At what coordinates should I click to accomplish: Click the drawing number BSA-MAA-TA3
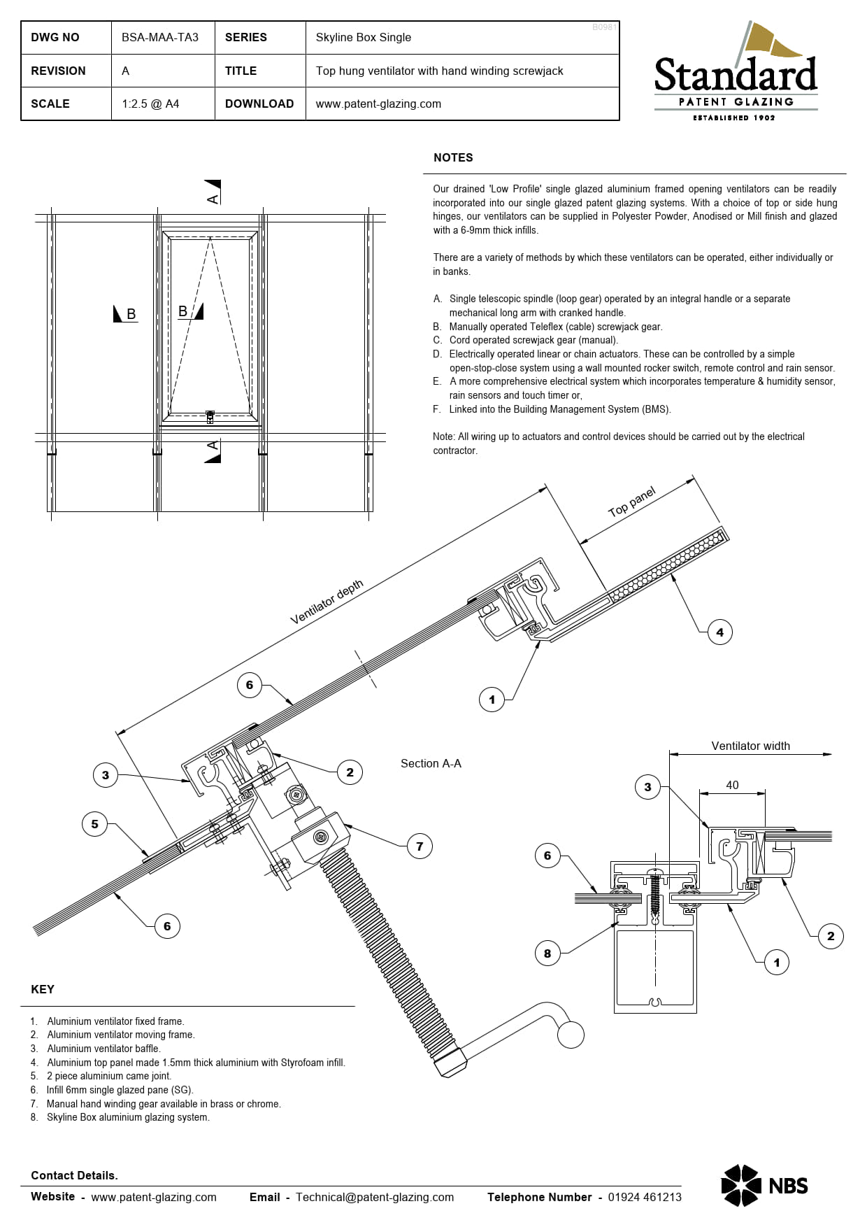159,37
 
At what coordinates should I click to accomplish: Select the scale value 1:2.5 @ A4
150,104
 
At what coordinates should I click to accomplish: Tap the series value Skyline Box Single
363,37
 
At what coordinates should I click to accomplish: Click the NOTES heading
453,157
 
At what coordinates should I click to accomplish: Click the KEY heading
43,989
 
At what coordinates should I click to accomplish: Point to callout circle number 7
420,846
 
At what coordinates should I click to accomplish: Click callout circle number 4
719,632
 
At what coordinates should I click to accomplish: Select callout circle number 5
95,824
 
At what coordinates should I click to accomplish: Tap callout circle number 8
547,953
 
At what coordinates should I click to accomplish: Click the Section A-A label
431,763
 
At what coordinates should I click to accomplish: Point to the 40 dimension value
732,785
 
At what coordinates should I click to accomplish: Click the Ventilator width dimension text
750,746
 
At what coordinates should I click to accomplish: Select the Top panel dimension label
632,502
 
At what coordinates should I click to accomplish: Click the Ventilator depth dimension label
327,602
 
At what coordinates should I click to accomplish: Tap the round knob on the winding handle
571,1035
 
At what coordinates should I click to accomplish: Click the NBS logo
764,1185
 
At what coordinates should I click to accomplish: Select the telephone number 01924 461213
644,1197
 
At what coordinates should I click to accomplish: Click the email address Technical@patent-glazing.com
374,1197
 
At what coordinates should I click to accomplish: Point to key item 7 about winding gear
163,1104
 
